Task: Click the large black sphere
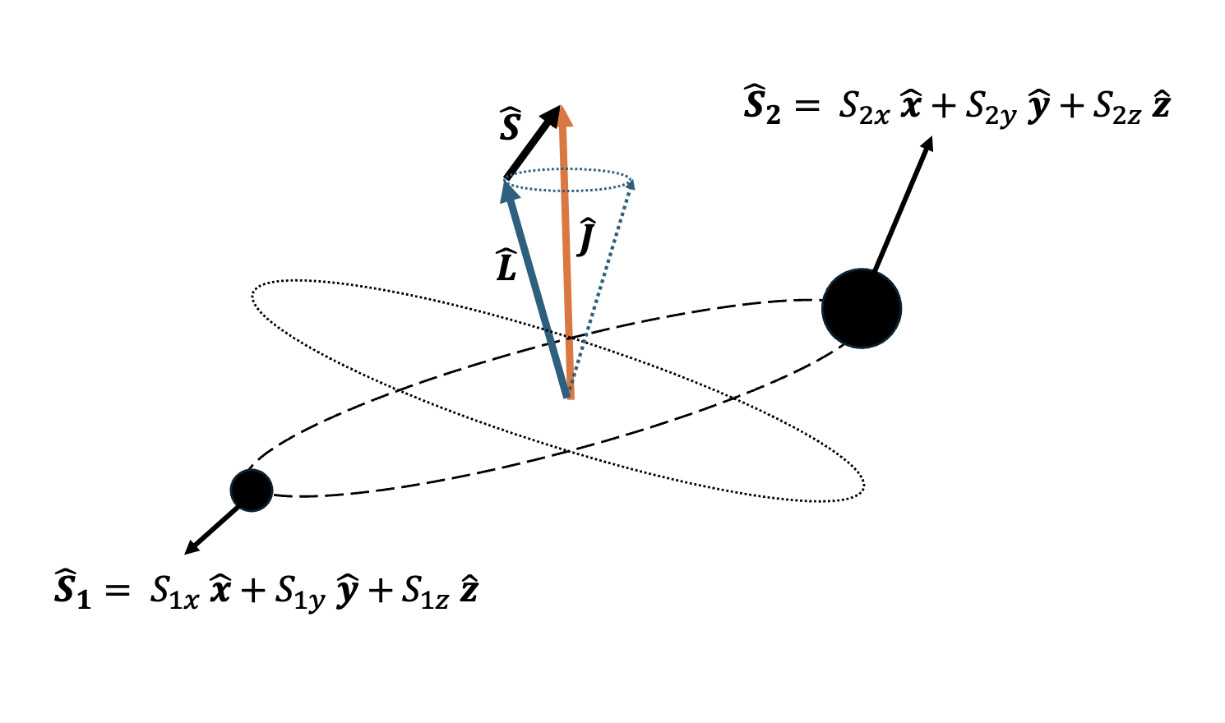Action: [x=862, y=309]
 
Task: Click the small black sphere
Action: [x=252, y=490]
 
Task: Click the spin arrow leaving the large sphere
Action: [x=903, y=205]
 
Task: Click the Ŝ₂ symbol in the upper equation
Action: [x=762, y=107]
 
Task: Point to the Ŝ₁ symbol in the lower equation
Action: [x=72, y=591]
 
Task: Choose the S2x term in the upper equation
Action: [x=864, y=108]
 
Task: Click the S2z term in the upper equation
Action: [x=1116, y=108]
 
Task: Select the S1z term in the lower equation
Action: [x=425, y=593]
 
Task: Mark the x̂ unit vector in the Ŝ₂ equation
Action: [x=911, y=107]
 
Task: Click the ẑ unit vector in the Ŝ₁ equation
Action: [x=469, y=590]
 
